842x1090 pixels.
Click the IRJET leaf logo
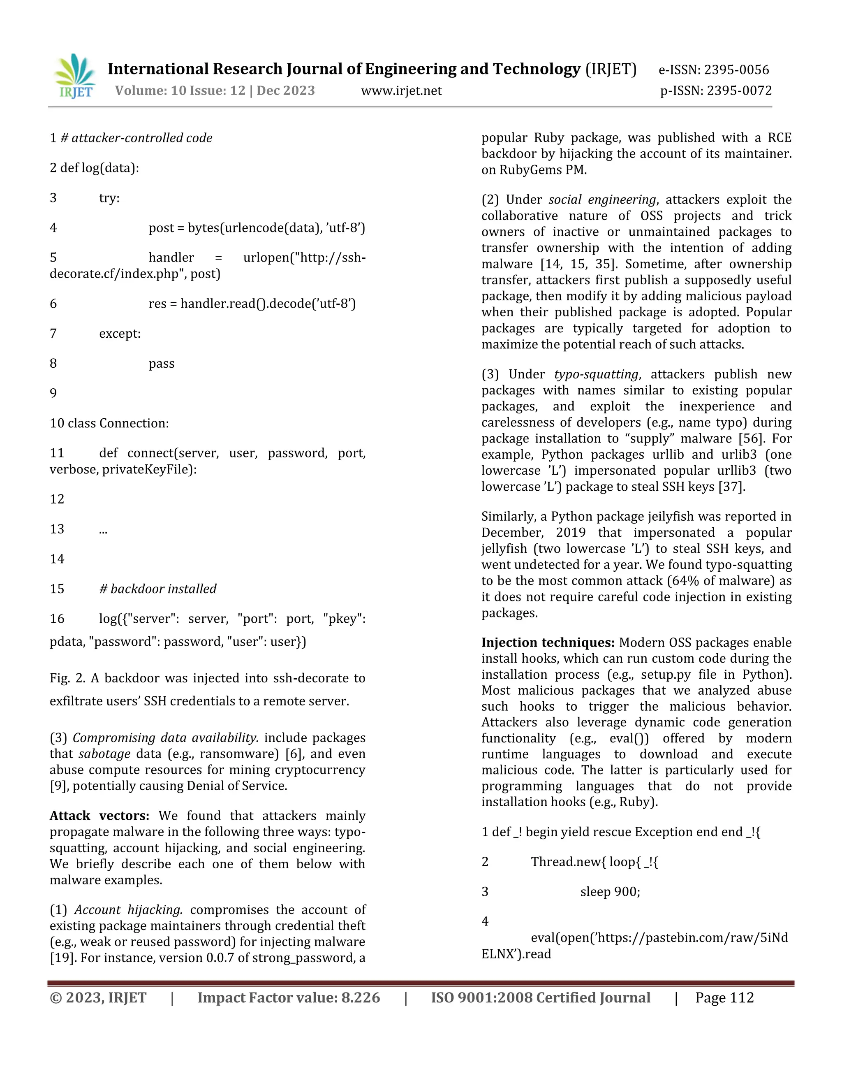click(75, 76)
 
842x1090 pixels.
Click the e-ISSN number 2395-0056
click(736, 70)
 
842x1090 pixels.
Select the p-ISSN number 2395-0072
click(739, 91)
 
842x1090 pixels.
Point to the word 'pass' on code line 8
click(161, 364)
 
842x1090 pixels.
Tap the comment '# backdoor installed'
click(157, 589)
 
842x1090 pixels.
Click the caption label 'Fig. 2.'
click(67, 679)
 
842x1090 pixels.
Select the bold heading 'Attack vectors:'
click(99, 816)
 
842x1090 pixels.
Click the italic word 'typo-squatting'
click(596, 374)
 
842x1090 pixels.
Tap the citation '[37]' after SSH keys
click(731, 487)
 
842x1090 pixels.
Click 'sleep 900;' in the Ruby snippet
click(610, 892)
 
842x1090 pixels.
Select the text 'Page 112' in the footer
click(724, 998)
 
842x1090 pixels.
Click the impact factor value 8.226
click(360, 998)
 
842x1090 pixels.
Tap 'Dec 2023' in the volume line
click(285, 91)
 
